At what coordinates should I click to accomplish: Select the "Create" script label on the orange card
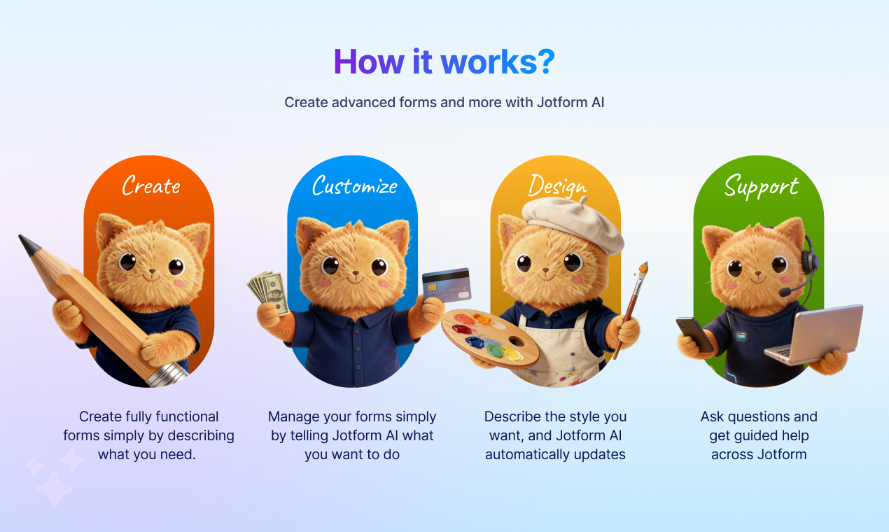click(150, 185)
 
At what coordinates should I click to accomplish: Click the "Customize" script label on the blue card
click(354, 185)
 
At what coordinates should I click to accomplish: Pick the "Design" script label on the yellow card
click(556, 185)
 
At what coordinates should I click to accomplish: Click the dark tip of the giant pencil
click(29, 244)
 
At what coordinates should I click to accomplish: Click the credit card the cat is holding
click(447, 283)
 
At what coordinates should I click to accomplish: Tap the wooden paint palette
click(490, 335)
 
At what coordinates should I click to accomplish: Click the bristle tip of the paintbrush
click(643, 269)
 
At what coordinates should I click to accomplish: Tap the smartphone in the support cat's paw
click(694, 334)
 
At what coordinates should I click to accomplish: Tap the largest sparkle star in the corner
click(54, 489)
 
